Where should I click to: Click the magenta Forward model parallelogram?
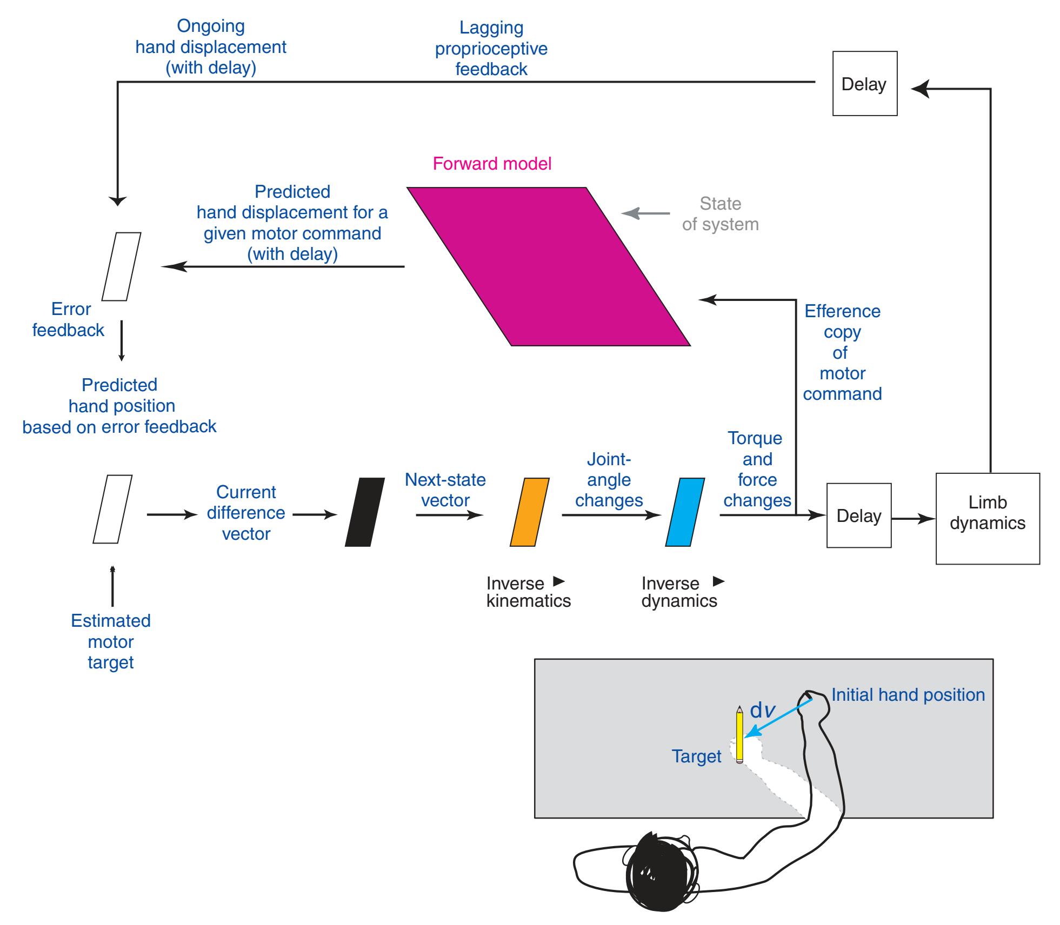(x=548, y=266)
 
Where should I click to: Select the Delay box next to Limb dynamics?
(x=858, y=515)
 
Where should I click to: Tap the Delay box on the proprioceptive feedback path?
(x=864, y=84)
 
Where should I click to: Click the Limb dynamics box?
(x=987, y=518)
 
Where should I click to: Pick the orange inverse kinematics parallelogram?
(x=529, y=512)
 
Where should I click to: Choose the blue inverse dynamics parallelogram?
(x=684, y=512)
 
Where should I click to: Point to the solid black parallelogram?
(x=365, y=512)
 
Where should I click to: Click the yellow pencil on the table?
(x=739, y=735)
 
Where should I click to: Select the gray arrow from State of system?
(x=645, y=213)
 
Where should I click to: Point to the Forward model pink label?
(x=492, y=164)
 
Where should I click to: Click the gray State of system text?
(x=720, y=214)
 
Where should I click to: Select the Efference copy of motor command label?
(x=842, y=352)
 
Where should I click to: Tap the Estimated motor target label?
(x=111, y=641)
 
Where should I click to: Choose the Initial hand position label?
(x=908, y=695)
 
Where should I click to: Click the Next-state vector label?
(x=445, y=490)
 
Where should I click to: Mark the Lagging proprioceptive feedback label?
(x=491, y=49)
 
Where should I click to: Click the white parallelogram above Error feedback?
(x=122, y=266)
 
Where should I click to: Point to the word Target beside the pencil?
(x=696, y=756)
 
